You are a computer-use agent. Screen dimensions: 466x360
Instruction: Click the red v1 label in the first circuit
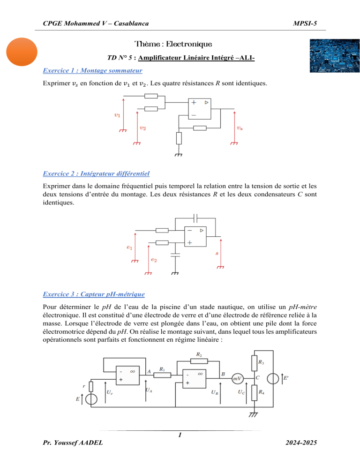[x=117, y=114]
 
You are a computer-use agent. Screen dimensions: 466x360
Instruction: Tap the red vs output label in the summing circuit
[x=240, y=128]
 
